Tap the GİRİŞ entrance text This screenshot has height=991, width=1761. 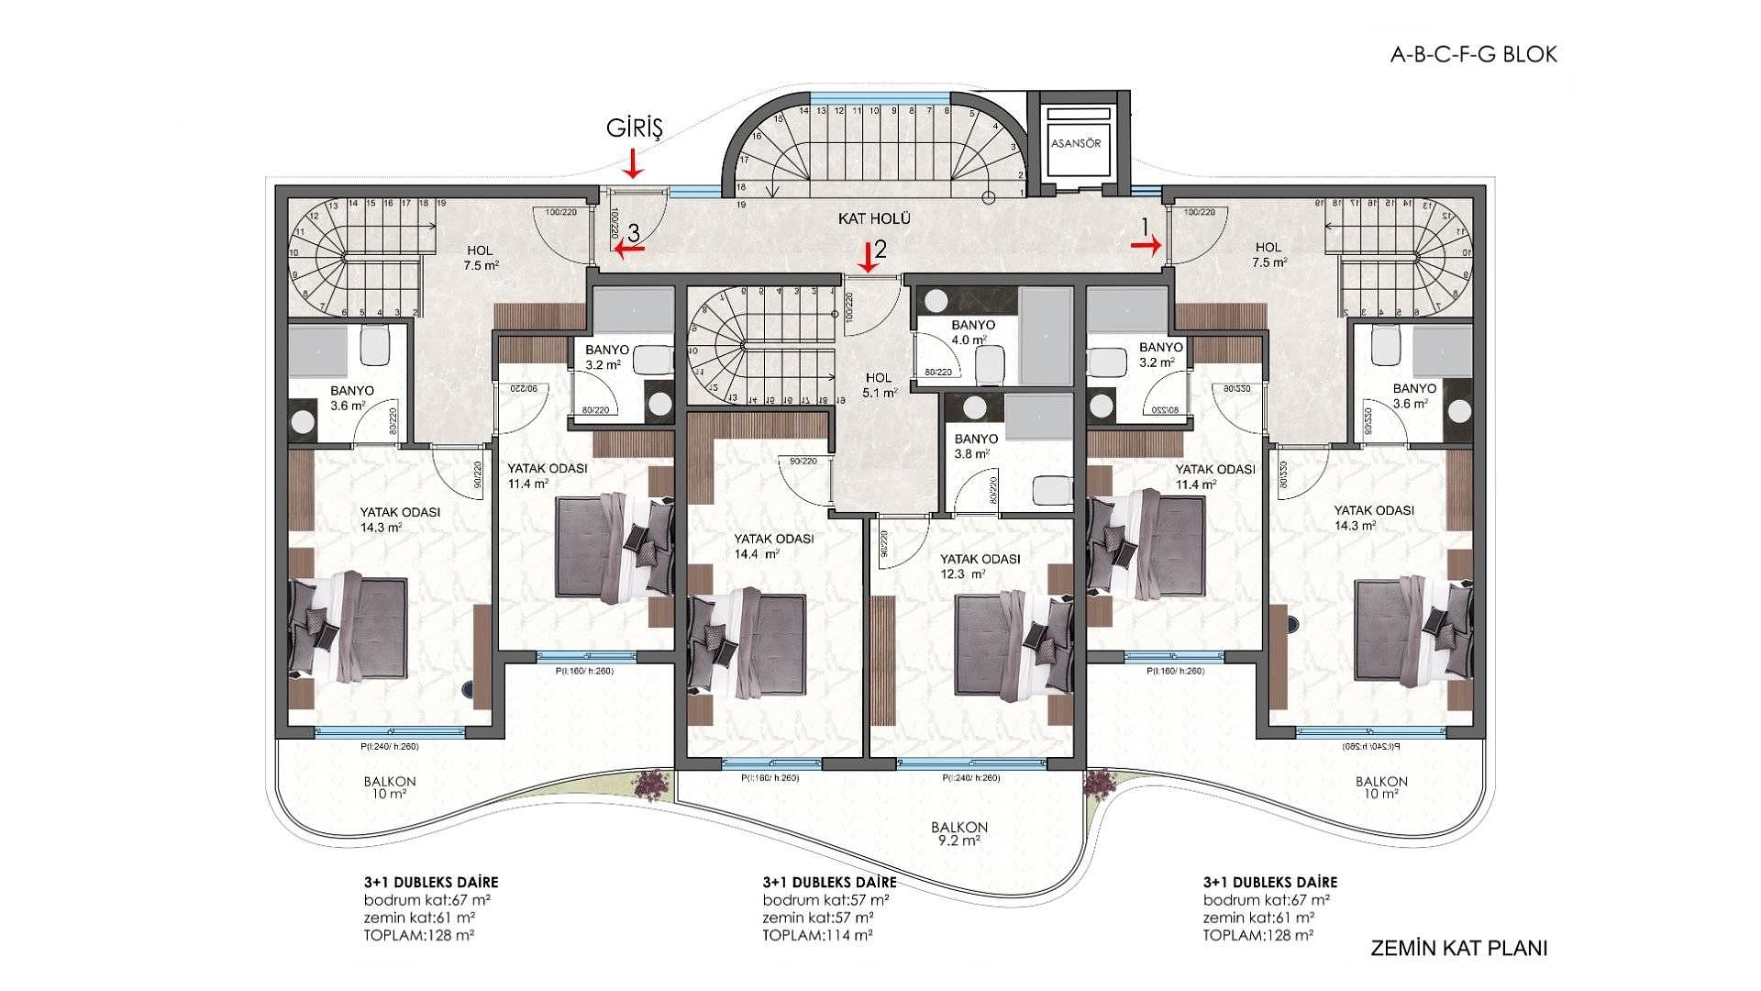pyautogui.click(x=634, y=128)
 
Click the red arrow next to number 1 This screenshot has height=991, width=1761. pyautogui.click(x=1146, y=244)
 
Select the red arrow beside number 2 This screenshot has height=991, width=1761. pyautogui.click(x=867, y=259)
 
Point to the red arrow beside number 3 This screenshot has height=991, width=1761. pyautogui.click(x=629, y=247)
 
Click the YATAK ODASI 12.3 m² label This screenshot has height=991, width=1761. pyautogui.click(x=980, y=565)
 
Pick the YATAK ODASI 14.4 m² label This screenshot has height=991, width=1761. pyautogui.click(x=773, y=546)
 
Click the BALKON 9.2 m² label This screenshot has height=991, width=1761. pyautogui.click(x=958, y=832)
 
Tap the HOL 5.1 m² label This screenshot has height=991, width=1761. pyautogui.click(x=879, y=384)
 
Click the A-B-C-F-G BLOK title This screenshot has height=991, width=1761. pyautogui.click(x=1473, y=54)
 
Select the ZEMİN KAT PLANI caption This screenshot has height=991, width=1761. pyautogui.click(x=1458, y=948)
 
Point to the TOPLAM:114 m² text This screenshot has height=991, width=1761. pyautogui.click(x=817, y=935)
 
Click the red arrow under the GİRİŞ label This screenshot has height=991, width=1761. pyautogui.click(x=633, y=165)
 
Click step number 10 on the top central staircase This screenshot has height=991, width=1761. pyautogui.click(x=874, y=111)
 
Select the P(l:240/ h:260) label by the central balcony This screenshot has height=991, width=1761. pyautogui.click(x=971, y=778)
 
